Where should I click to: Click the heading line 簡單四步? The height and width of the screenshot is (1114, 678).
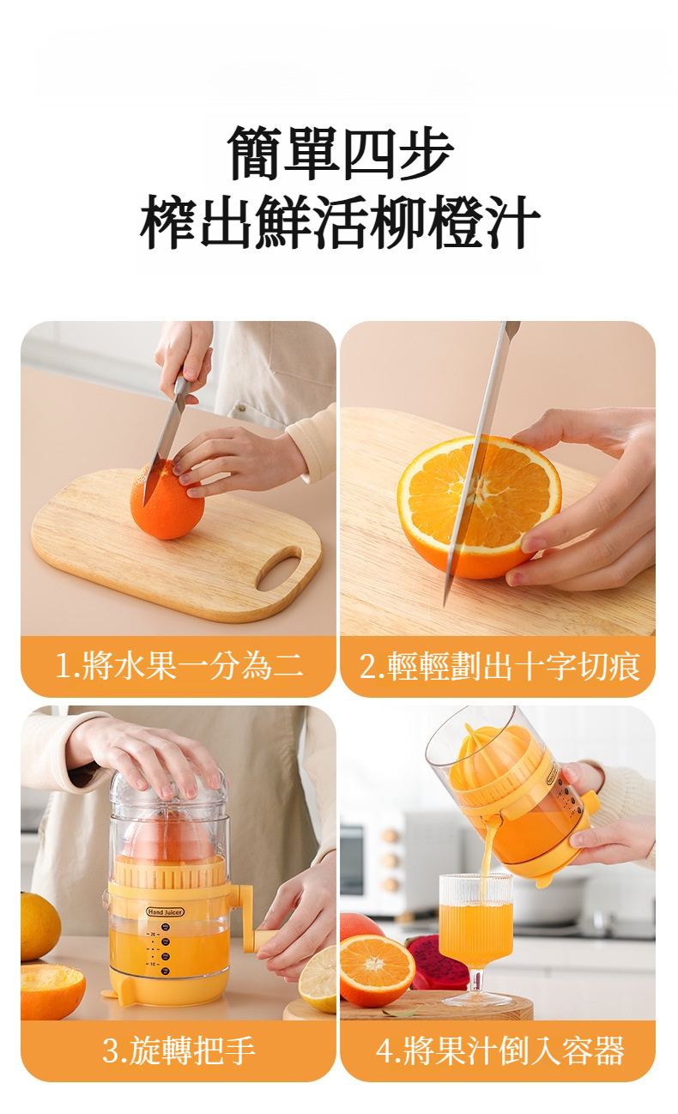pyautogui.click(x=340, y=152)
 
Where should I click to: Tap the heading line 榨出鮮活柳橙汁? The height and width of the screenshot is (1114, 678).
pyautogui.click(x=340, y=221)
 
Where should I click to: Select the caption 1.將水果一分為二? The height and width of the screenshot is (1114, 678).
pyautogui.click(x=179, y=666)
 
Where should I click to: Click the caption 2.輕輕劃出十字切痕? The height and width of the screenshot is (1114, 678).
pyautogui.click(x=499, y=666)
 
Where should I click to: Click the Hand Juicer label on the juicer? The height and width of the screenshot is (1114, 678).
pyautogui.click(x=166, y=911)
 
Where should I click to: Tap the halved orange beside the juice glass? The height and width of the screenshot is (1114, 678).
pyautogui.click(x=377, y=969)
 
